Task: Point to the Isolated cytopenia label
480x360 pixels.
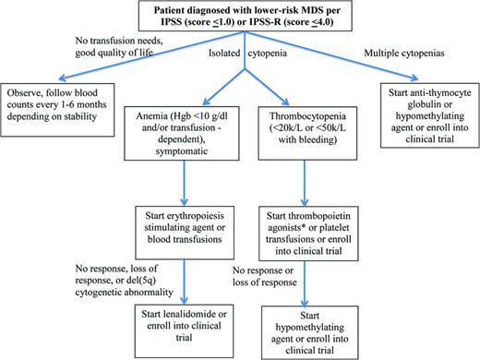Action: (x=241, y=56)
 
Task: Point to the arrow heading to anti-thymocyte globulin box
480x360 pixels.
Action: (x=369, y=69)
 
